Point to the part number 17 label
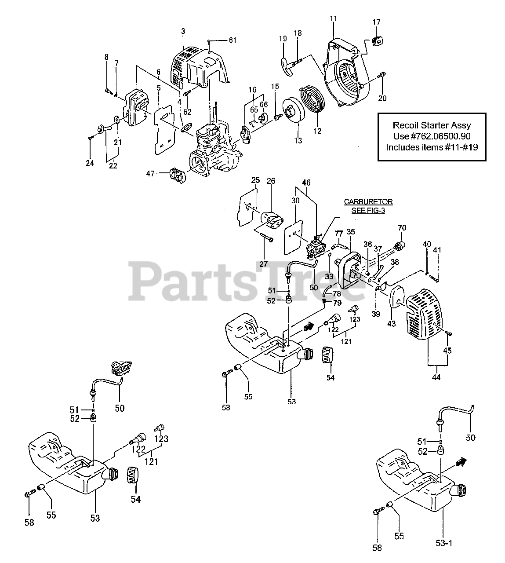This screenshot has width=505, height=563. click(x=377, y=22)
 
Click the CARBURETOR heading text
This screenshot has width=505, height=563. click(x=368, y=201)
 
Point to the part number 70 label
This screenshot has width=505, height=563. click(x=402, y=228)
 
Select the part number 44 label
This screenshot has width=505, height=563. click(x=436, y=377)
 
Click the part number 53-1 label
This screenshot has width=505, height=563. click(x=444, y=543)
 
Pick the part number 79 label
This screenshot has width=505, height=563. click(x=337, y=303)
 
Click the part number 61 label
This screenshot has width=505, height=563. click(x=232, y=40)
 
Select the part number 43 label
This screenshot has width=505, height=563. click(x=391, y=323)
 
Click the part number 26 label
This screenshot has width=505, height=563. click(x=271, y=181)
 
